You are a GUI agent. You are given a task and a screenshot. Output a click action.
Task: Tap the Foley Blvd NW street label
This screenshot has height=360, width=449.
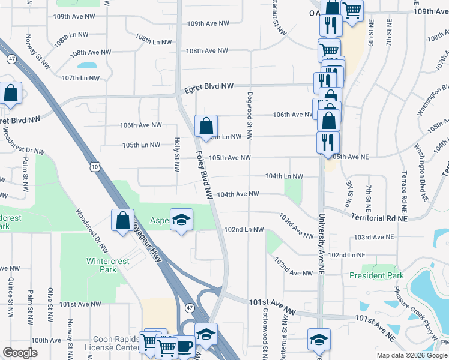tap(205, 173)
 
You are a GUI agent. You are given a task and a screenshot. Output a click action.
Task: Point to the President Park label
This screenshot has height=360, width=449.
tap(378, 276)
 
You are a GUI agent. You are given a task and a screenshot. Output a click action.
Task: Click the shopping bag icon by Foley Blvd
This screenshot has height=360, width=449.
tap(206, 127)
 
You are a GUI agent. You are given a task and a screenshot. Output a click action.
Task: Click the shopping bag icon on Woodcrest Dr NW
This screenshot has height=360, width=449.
tap(122, 220)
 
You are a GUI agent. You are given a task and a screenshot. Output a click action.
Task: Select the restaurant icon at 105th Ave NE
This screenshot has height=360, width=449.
tap(328, 143)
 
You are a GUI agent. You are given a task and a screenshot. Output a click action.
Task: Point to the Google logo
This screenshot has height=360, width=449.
tap(19, 353)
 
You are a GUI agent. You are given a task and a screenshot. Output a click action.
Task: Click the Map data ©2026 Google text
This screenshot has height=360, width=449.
tap(411, 355)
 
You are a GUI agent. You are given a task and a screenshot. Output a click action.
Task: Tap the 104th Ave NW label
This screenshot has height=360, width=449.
tap(238, 194)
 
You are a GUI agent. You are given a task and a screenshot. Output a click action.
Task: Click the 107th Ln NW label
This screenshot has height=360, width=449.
tap(80, 78)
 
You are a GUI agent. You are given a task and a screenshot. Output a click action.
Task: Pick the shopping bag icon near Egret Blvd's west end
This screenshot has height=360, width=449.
tap(11, 93)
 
